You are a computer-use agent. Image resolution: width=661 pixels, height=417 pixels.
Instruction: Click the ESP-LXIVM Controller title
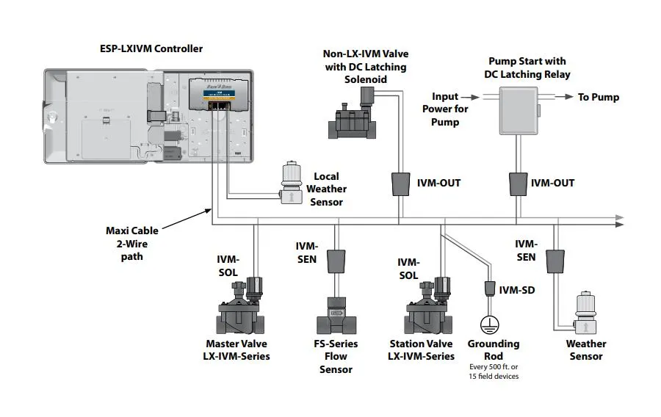pos(151,49)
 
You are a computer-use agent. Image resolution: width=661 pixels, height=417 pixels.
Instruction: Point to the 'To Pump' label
pos(598,97)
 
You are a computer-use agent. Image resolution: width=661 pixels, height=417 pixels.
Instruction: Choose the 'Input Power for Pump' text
pos(445,109)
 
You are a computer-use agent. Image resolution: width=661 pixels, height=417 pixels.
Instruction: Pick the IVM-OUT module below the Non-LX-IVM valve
pos(401,184)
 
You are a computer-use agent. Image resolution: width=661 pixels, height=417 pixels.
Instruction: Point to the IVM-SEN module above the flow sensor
pos(337,261)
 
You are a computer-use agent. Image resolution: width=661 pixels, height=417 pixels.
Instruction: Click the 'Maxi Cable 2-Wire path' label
pos(132,244)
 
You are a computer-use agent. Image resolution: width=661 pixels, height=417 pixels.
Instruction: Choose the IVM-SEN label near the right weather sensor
pos(525,250)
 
